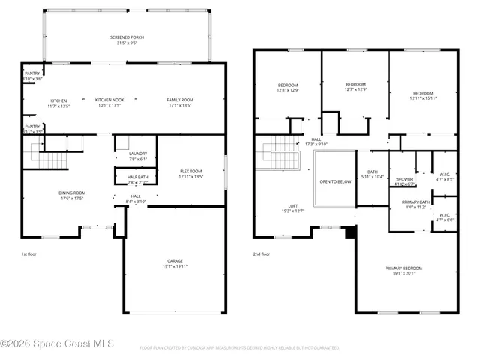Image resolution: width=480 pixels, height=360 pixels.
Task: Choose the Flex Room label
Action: (x=190, y=172)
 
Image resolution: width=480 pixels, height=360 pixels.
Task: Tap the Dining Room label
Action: (x=73, y=193)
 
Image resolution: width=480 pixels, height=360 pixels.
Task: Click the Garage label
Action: (x=175, y=261)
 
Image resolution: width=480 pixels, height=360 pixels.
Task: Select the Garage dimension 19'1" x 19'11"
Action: (x=175, y=267)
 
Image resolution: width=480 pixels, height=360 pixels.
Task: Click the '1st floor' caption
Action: (x=29, y=255)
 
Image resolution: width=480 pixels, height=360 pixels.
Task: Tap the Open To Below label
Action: (x=334, y=181)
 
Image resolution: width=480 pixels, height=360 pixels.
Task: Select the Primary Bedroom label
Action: (x=403, y=268)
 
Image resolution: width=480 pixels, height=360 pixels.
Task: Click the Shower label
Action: (x=404, y=179)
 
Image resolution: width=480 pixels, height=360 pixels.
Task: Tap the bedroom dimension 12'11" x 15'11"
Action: (x=423, y=98)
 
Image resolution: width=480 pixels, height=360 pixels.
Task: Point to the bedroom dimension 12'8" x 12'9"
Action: (x=289, y=90)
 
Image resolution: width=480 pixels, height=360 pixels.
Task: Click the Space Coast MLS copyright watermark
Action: (x=58, y=344)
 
